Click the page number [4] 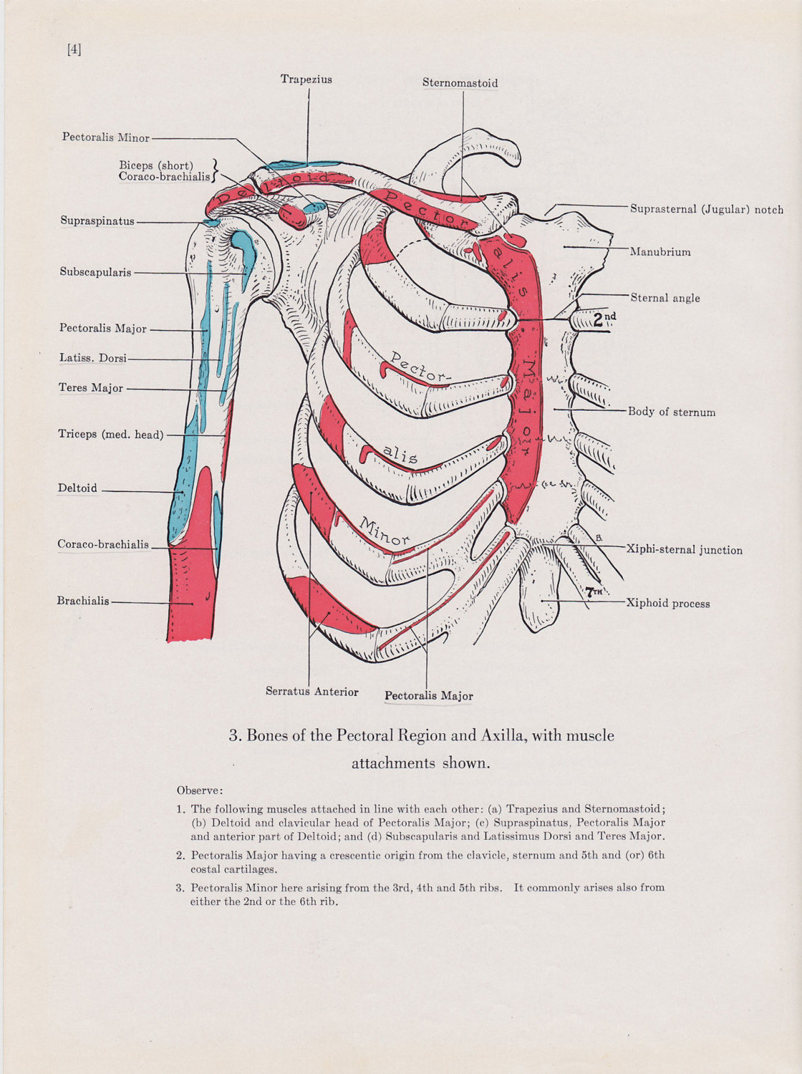click(x=74, y=49)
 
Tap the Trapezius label click(x=306, y=79)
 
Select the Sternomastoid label click(x=460, y=83)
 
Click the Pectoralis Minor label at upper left click(x=105, y=137)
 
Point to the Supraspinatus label click(x=97, y=221)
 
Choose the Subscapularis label click(x=95, y=272)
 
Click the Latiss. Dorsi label click(x=92, y=358)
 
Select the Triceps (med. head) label click(x=110, y=434)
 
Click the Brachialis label click(x=82, y=601)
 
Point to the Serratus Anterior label click(x=311, y=692)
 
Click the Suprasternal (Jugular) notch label click(x=706, y=210)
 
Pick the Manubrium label click(x=660, y=252)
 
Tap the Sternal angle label click(x=665, y=298)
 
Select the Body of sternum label click(x=671, y=412)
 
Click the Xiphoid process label click(x=667, y=604)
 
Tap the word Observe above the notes click(x=200, y=790)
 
